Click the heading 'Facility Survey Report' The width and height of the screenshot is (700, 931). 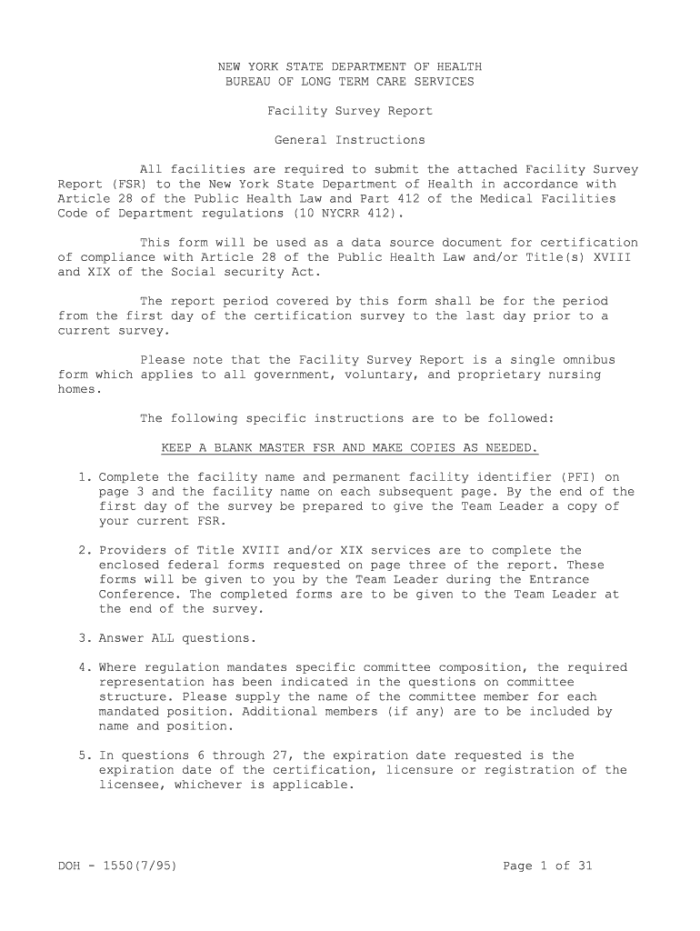[349, 111]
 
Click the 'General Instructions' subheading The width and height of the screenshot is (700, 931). [349, 140]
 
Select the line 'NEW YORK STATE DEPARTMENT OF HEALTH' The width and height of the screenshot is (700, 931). [349, 67]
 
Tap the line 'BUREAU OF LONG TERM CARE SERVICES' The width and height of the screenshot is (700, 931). [349, 82]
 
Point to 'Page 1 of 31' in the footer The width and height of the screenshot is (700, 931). [547, 866]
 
